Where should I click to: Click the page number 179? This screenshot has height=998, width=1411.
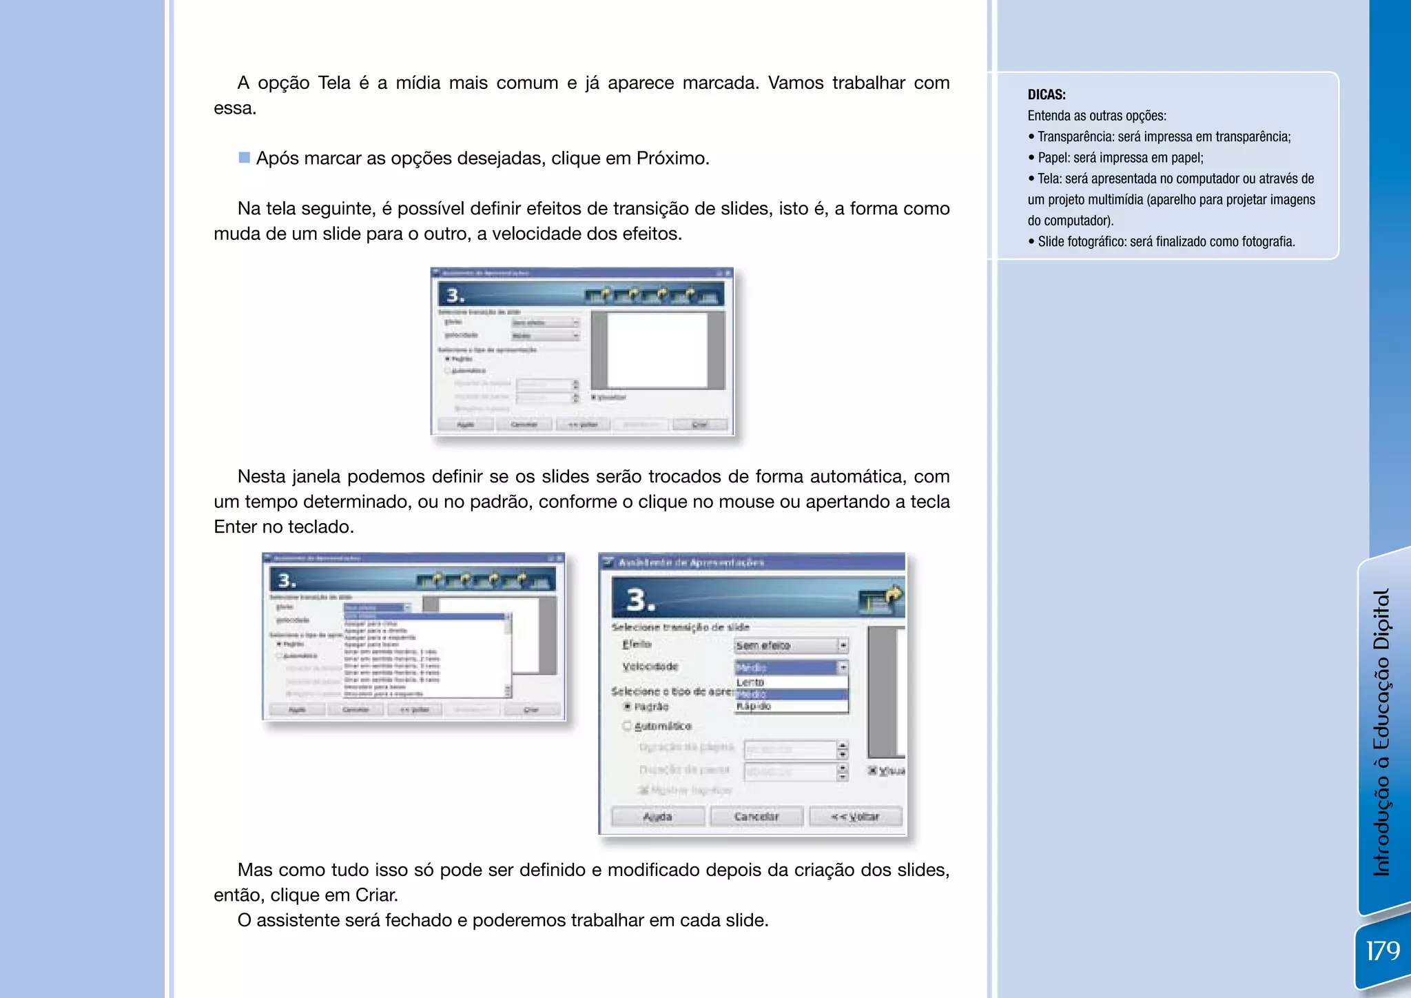pos(1383,951)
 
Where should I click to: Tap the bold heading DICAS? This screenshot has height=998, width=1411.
pos(1047,95)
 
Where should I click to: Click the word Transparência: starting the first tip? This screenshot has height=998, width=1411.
pos(1075,136)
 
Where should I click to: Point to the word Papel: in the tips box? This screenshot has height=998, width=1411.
pos(1054,158)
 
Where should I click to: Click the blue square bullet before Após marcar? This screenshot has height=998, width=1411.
pos(244,158)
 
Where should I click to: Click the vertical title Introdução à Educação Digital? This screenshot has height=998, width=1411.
pos(1382,731)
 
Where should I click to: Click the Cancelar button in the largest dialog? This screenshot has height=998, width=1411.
pos(756,817)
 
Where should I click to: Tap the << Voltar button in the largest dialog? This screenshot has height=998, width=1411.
pos(855,817)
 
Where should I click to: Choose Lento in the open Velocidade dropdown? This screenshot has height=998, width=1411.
pos(750,682)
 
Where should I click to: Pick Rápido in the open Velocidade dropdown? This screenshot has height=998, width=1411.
pos(754,706)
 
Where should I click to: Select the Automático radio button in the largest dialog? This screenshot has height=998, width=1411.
pos(627,726)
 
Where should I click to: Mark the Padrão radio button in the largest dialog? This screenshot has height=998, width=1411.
pos(628,706)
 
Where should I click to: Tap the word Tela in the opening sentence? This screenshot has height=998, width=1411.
pos(334,83)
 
